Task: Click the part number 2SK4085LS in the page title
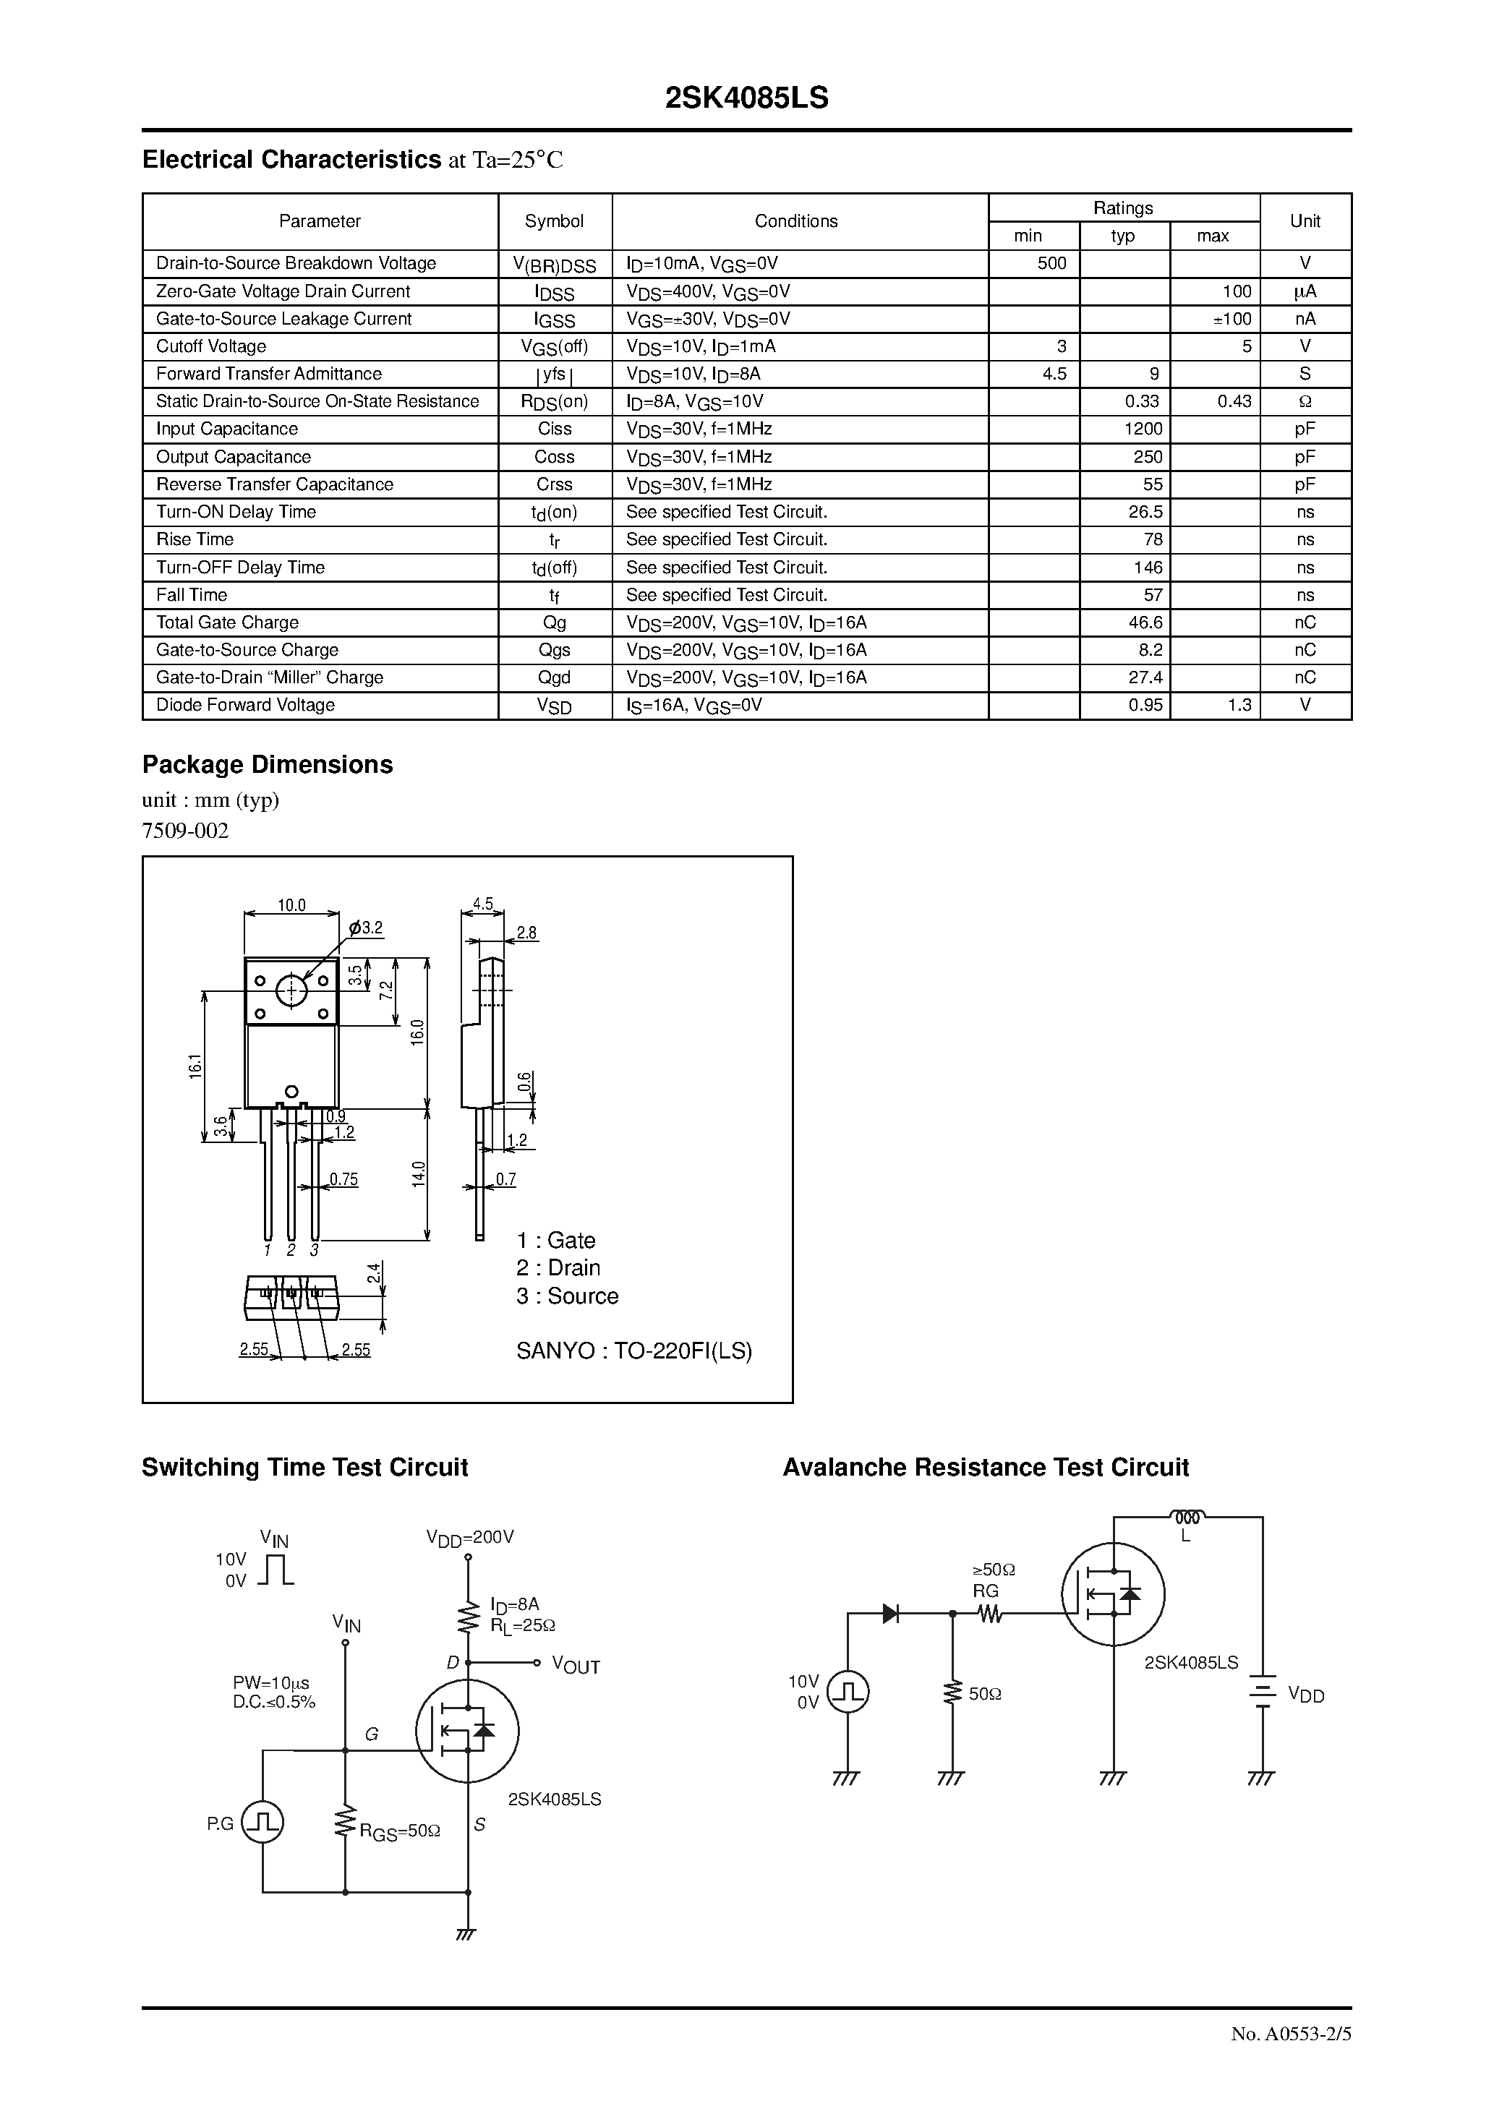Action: [x=746, y=98]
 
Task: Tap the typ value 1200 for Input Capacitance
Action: [x=1143, y=429]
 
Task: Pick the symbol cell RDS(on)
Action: [x=555, y=401]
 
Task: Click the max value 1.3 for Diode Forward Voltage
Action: [x=1239, y=706]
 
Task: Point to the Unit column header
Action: [x=1305, y=221]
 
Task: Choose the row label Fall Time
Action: [x=192, y=595]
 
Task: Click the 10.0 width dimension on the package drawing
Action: [x=291, y=905]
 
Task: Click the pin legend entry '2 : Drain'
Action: [x=558, y=1268]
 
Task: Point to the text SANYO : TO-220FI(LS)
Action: [x=633, y=1351]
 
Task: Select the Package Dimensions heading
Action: [x=267, y=765]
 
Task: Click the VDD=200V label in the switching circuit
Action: [x=470, y=1537]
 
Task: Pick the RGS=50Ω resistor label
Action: [x=400, y=1832]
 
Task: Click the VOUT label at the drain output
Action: [x=576, y=1666]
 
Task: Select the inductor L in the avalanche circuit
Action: [x=1187, y=1516]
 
